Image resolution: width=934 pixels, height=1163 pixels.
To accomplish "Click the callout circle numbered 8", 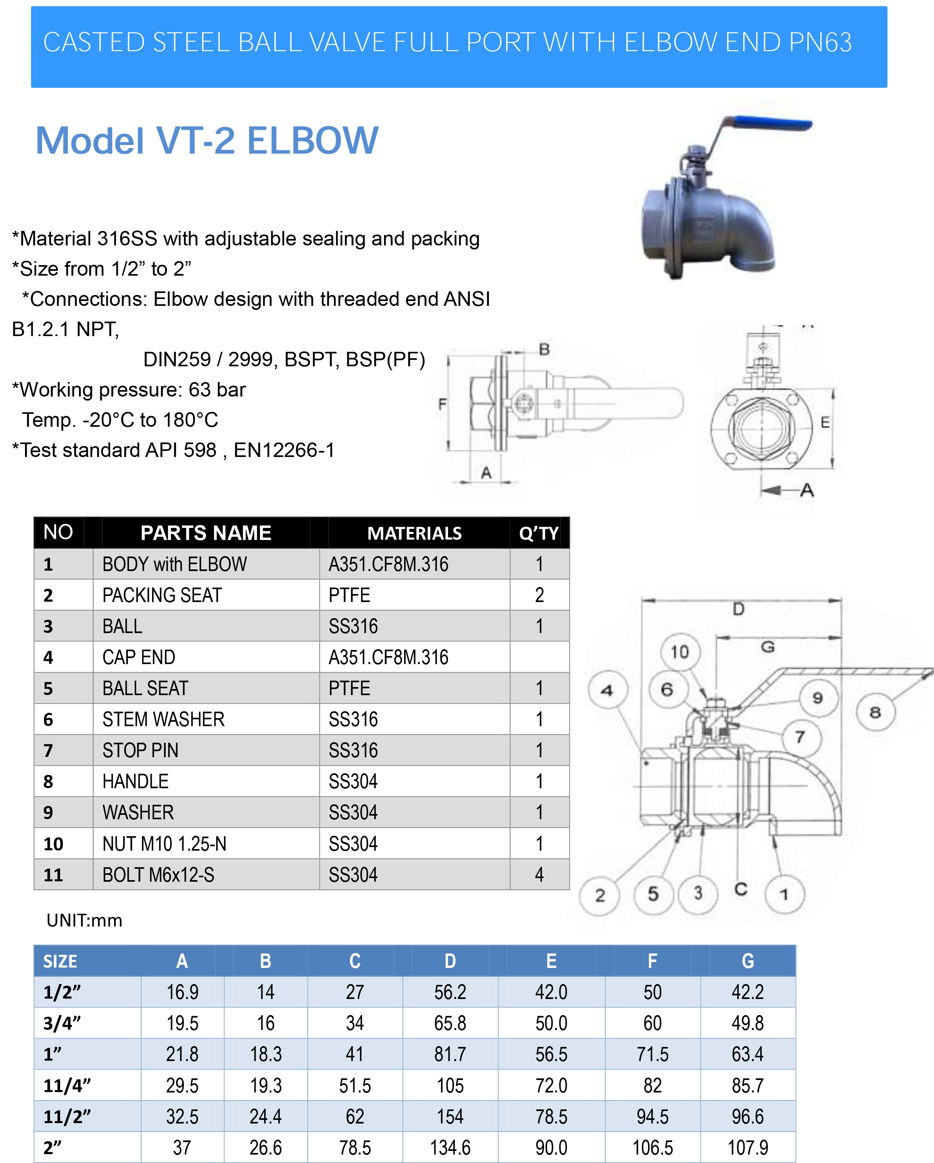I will pos(875,712).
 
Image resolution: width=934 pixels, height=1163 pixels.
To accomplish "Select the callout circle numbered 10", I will pos(680,652).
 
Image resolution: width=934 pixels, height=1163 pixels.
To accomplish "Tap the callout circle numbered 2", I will pos(599,895).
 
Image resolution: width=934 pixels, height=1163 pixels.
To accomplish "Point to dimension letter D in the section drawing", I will pos(738,609).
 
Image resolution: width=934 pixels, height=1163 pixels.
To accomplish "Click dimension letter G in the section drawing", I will pos(767,646).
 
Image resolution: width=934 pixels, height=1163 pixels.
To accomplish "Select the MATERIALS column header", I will pos(414,533).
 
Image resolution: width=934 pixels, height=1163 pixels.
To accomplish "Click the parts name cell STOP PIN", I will pos(140,750).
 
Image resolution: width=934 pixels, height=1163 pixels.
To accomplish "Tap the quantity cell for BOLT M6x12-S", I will pos(539,874).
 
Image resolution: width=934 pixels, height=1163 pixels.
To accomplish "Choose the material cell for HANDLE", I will pos(353,781).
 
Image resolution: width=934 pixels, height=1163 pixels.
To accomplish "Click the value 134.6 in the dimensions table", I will pos(450,1147).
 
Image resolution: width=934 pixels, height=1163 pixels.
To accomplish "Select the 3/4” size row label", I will pos(62,1023).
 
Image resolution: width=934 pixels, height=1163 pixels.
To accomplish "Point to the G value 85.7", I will pos(747,1085).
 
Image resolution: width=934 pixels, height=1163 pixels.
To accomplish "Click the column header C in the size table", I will pos(355,961).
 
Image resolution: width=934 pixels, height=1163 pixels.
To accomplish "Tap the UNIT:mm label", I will pos(85,920).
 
